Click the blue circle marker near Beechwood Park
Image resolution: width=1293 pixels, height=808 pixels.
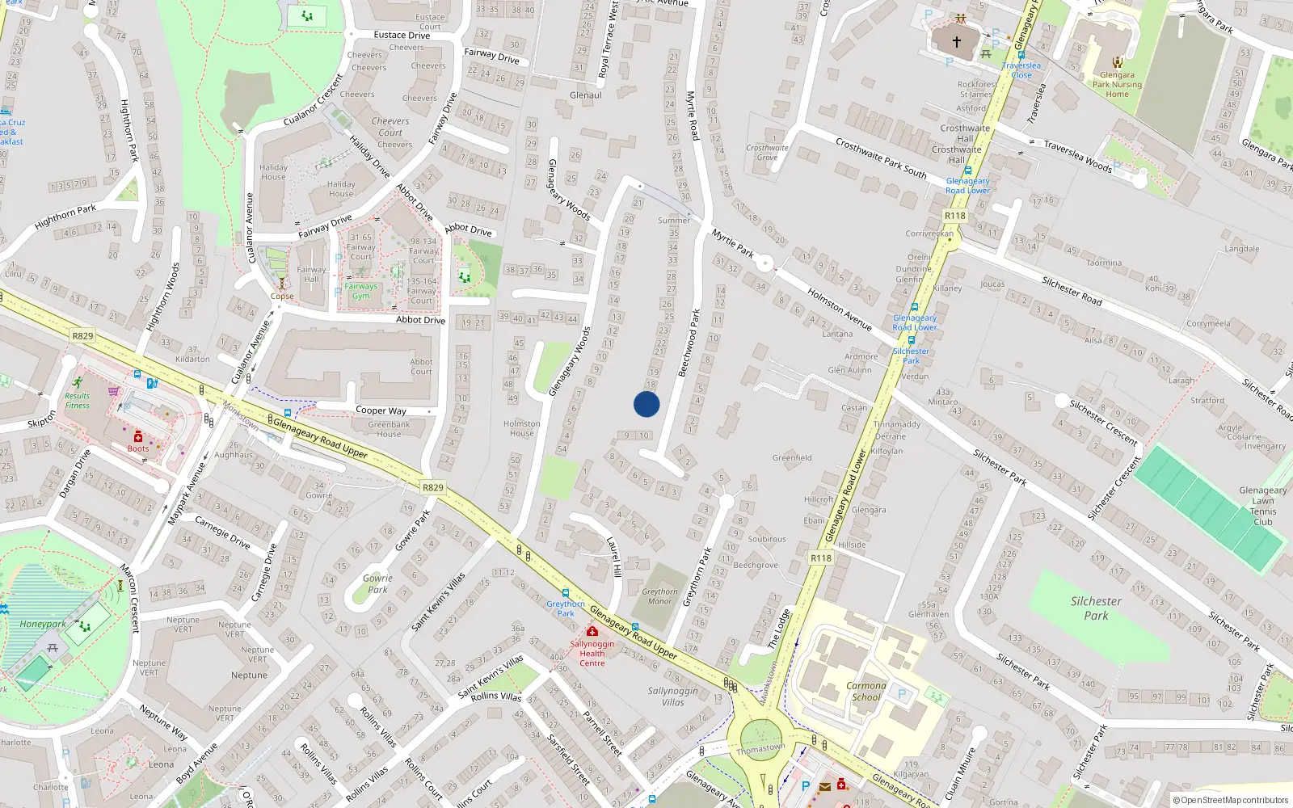pos(646,404)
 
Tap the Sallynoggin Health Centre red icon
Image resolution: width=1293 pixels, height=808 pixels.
pos(592,631)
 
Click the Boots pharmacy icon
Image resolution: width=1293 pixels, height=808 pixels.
pos(138,436)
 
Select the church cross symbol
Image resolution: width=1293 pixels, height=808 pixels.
pos(957,41)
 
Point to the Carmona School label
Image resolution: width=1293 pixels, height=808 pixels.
pos(866,691)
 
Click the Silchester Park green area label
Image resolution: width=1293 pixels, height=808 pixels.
pos(1096,608)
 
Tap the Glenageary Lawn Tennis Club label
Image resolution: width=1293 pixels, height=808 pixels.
pos(1262,506)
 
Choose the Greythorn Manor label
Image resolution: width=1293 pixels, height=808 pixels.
pos(659,596)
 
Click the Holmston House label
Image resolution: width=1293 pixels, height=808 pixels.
pos(522,428)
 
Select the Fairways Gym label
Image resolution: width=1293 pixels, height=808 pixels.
pos(360,291)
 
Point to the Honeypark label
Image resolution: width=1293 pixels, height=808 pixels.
pos(43,624)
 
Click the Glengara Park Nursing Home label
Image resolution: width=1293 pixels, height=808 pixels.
pos(1117,84)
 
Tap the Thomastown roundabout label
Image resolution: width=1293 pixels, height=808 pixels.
pos(760,748)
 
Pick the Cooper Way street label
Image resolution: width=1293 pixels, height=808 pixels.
pos(381,410)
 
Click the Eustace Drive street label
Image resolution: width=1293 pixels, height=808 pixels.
pos(402,36)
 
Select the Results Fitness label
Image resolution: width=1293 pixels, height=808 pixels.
pos(78,400)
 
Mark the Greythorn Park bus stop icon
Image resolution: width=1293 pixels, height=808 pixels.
pos(565,593)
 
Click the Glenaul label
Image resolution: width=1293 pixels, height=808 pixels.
pos(586,95)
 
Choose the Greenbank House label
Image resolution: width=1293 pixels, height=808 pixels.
pos(389,429)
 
